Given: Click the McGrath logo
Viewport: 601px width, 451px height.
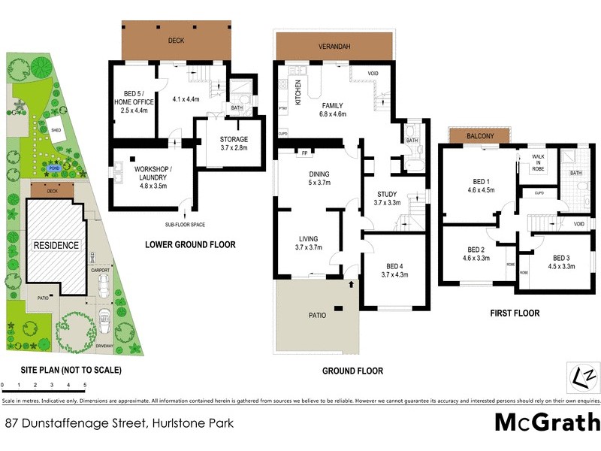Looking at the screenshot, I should [x=547, y=422].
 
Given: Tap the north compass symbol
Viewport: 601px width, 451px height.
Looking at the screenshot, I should [x=582, y=374].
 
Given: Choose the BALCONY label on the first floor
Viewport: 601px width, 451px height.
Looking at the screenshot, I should [x=478, y=136].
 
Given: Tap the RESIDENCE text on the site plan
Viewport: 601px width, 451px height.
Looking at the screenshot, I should [x=54, y=245].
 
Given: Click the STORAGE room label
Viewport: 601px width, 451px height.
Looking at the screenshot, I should [x=234, y=140].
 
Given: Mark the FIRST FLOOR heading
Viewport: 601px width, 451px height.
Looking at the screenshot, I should [x=514, y=313].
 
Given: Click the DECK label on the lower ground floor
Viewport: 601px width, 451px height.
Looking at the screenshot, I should [x=176, y=41].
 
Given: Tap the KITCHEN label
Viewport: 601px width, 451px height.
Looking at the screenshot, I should [x=298, y=91].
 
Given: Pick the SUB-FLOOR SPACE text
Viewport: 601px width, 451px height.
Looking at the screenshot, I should [x=185, y=225].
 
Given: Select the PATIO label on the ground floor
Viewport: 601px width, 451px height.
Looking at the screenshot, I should [x=318, y=315].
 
